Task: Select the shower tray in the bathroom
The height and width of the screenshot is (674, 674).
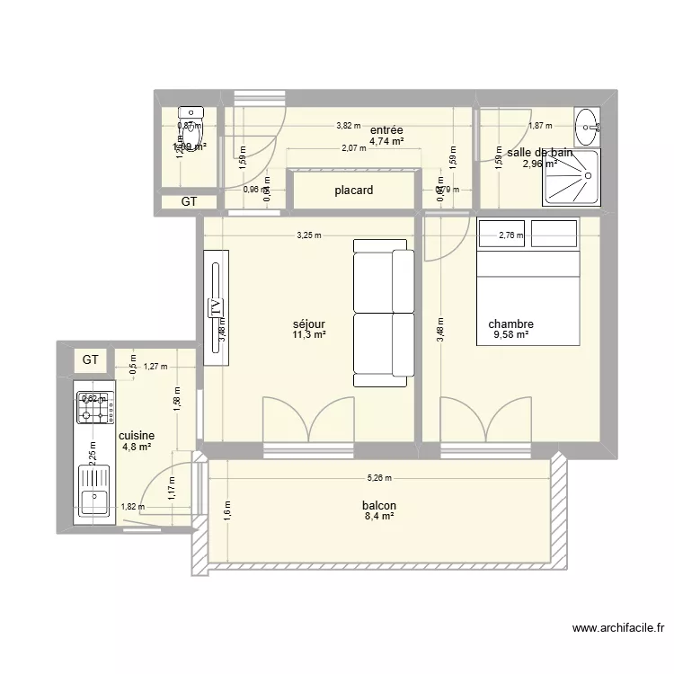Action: coord(570,177)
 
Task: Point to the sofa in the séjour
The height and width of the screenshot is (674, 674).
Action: coord(384,312)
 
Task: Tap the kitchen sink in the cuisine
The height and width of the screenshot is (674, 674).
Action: coord(94,494)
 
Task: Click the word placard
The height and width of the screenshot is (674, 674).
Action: coord(354,191)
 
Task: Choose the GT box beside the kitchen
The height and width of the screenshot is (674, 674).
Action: coord(91,359)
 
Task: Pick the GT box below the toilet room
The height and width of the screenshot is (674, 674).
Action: coord(189,202)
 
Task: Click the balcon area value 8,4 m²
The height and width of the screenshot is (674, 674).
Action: coord(380,517)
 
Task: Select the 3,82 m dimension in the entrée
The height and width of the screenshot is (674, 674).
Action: coord(348,127)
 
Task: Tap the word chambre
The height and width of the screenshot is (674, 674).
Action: coord(511,324)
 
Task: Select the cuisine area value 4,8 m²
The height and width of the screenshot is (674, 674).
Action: coord(136,447)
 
